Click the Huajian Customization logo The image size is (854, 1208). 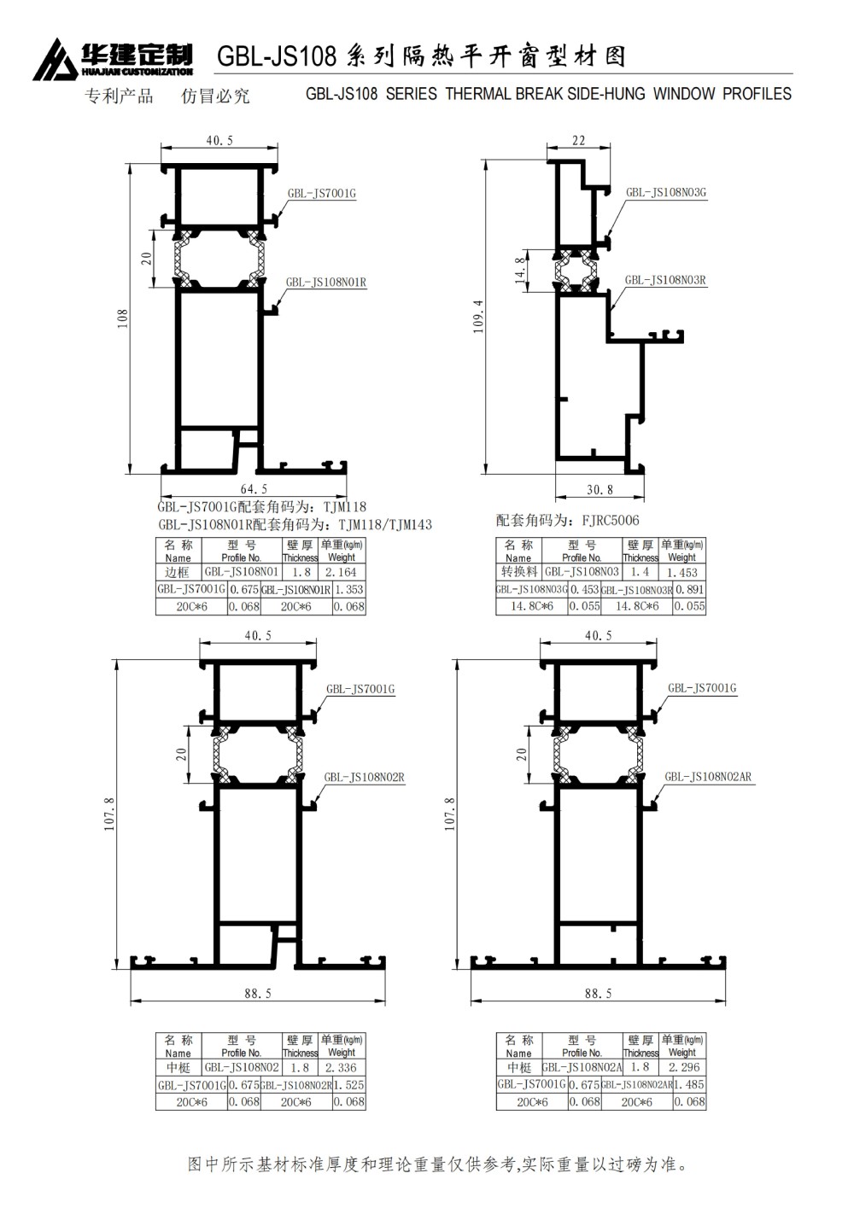coord(113,59)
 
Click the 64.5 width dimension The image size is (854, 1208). coord(254,489)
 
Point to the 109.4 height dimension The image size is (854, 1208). coord(478,317)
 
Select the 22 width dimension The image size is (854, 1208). coord(578,141)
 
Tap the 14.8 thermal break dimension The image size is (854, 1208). coord(520,270)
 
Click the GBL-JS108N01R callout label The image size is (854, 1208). coord(326,282)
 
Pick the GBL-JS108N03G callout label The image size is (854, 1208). coord(666,193)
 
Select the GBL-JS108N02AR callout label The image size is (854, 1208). coord(708,777)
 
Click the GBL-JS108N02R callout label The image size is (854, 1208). coord(364,777)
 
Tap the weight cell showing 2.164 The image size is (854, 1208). coord(342,572)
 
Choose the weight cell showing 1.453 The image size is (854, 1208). coord(681,572)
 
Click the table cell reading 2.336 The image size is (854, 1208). coord(342,1067)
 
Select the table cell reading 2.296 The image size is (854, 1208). coord(683,1067)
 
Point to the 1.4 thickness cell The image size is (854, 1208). coord(640,572)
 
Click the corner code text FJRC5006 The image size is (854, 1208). coord(610,521)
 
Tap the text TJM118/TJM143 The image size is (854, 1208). coord(385,525)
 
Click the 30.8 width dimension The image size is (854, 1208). coord(600,490)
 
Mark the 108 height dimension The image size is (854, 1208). coord(123,318)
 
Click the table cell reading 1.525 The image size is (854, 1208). coord(348,1084)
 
